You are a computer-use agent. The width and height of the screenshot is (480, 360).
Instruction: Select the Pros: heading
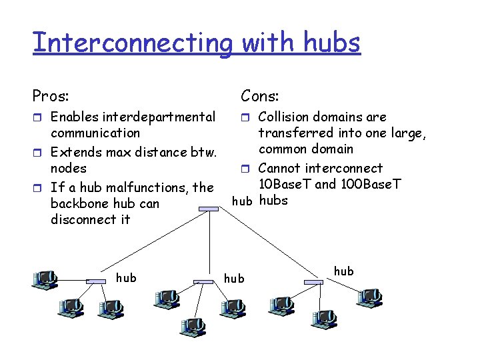coord(51,97)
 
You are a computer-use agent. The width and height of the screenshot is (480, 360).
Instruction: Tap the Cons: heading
coord(260,97)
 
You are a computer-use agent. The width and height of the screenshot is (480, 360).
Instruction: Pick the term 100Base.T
coord(362,184)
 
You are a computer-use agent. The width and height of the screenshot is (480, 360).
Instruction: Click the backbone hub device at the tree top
coord(209,209)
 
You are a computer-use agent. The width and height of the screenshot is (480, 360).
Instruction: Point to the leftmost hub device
coord(97,281)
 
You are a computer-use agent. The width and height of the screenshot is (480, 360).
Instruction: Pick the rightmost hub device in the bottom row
coord(313,282)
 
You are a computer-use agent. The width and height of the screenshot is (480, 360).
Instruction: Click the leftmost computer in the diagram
coord(46,278)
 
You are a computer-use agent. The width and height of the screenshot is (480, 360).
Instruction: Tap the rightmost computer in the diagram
coord(369,297)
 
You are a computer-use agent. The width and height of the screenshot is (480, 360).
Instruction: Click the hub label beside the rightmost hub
coord(343,271)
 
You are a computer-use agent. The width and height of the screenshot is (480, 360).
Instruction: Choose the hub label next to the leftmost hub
coord(126,277)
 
